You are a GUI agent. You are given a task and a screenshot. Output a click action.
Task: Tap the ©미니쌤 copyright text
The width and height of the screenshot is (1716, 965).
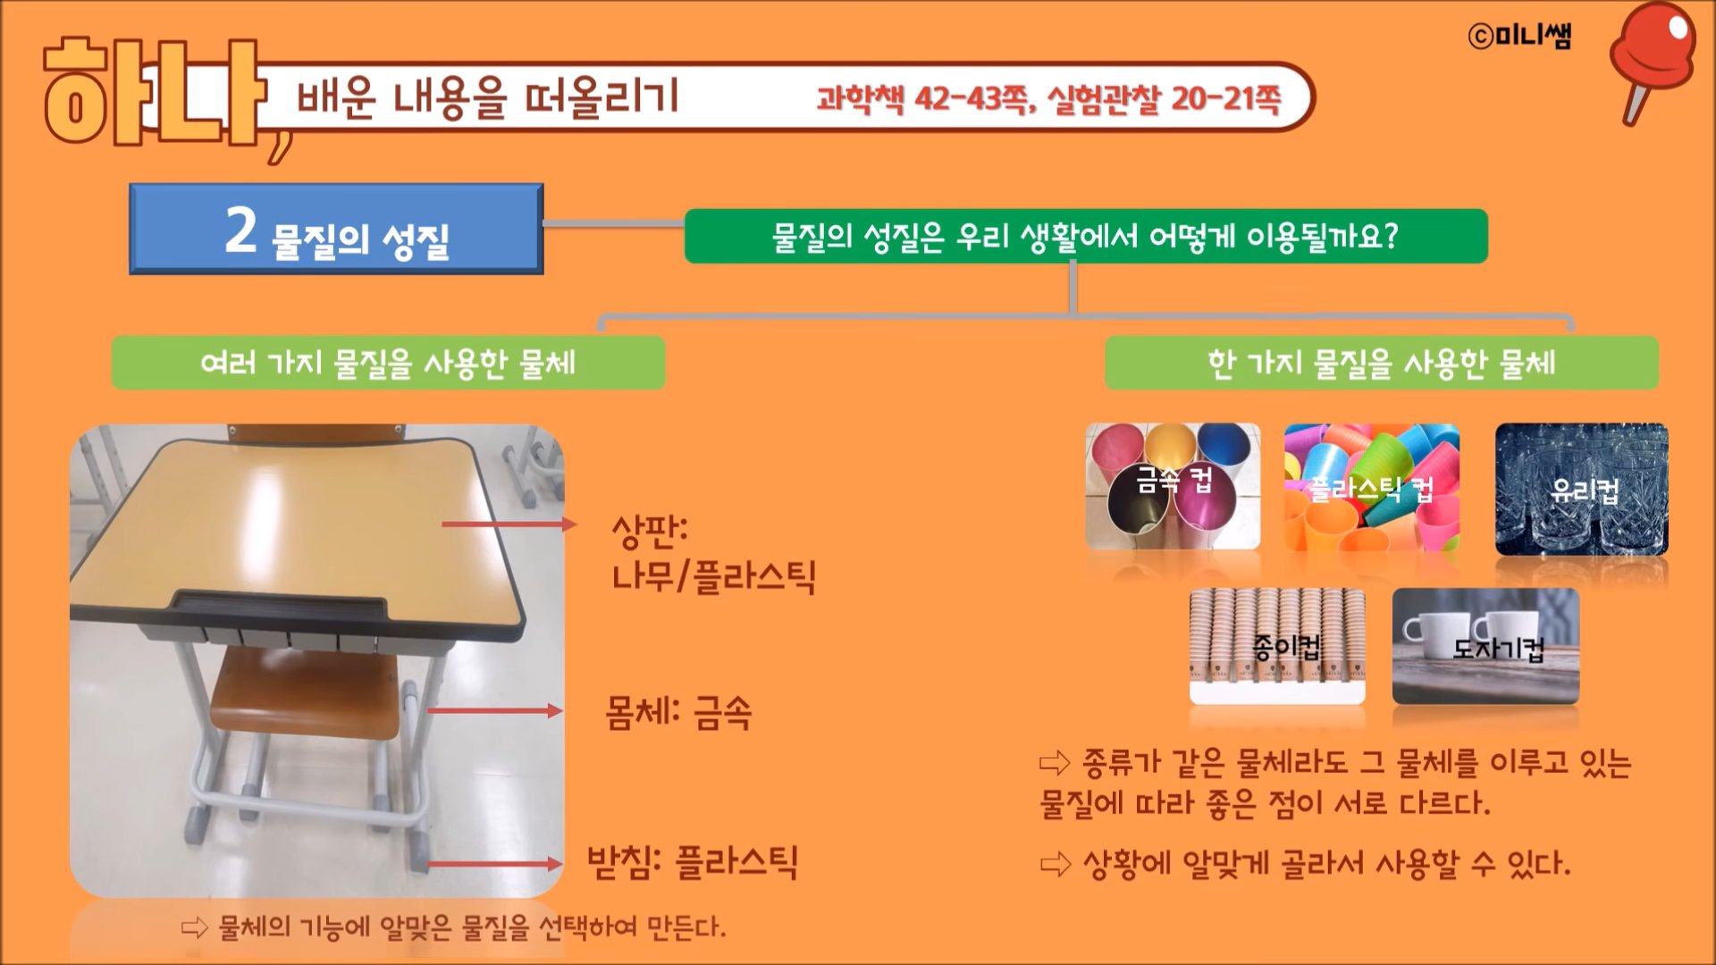click(x=1518, y=35)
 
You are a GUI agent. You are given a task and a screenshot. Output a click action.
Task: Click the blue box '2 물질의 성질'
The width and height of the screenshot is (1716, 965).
click(x=336, y=229)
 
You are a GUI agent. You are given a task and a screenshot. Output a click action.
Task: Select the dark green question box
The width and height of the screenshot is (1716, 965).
click(x=1086, y=236)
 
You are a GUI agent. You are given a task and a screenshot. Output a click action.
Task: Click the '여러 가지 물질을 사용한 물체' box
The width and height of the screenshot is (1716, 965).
click(x=388, y=363)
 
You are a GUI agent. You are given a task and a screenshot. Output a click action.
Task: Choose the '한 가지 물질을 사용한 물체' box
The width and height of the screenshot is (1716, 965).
click(x=1382, y=363)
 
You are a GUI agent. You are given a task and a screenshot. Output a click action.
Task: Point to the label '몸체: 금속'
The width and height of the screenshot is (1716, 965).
click(x=678, y=713)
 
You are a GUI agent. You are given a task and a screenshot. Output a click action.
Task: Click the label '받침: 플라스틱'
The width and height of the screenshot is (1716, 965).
click(x=693, y=862)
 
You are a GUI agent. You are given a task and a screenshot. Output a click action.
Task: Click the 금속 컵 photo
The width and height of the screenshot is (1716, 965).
click(x=1173, y=486)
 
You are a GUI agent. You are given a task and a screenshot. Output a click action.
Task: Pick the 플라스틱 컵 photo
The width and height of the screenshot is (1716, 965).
click(x=1372, y=488)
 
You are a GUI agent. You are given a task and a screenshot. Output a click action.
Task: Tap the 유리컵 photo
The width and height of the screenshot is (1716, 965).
click(x=1582, y=489)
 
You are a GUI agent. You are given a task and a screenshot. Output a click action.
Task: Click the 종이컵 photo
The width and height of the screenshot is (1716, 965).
click(x=1277, y=645)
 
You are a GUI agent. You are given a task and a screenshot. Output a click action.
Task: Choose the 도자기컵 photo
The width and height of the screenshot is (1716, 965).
click(x=1485, y=645)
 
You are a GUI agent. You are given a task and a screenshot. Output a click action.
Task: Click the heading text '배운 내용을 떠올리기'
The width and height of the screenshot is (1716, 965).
click(x=488, y=96)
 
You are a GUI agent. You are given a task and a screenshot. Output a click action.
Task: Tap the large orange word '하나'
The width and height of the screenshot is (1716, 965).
click(x=154, y=92)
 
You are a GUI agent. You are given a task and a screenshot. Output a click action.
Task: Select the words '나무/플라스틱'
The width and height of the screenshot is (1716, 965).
click(x=713, y=576)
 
